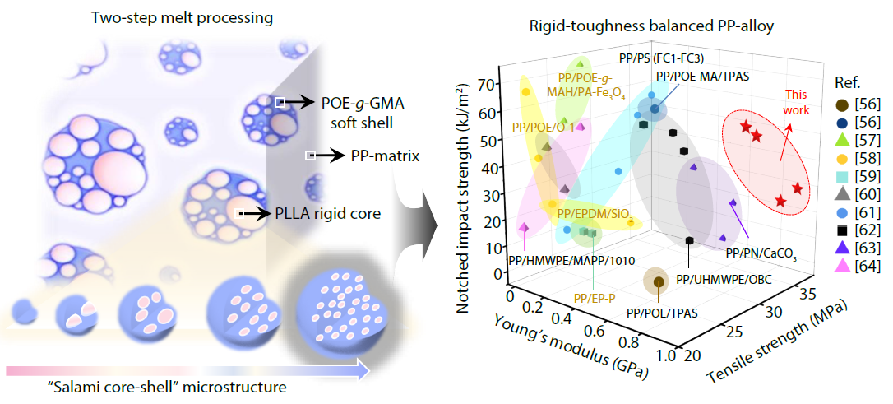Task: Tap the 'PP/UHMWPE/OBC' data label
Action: pos(724,279)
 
